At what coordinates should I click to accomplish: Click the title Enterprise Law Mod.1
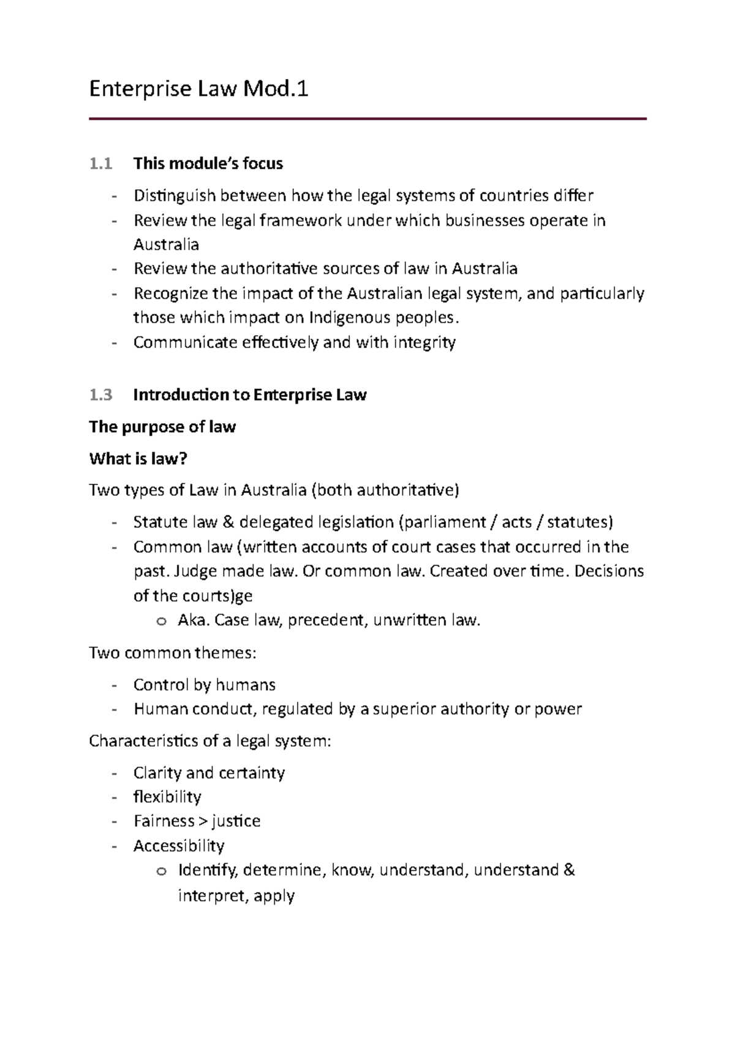click(x=198, y=89)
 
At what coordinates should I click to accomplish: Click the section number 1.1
click(x=100, y=164)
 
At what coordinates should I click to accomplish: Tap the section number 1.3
click(x=100, y=395)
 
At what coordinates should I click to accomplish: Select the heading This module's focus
click(x=208, y=164)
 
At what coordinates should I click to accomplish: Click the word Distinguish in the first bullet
click(x=175, y=196)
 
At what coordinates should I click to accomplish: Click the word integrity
click(x=424, y=342)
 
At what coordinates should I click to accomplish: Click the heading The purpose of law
click(x=162, y=427)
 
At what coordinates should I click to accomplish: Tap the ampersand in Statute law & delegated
click(x=228, y=522)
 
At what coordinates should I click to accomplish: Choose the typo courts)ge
click(x=218, y=596)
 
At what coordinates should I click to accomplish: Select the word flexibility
click(x=167, y=797)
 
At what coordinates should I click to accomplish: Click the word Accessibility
click(x=179, y=846)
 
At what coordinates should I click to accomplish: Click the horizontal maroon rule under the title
click(x=367, y=119)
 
